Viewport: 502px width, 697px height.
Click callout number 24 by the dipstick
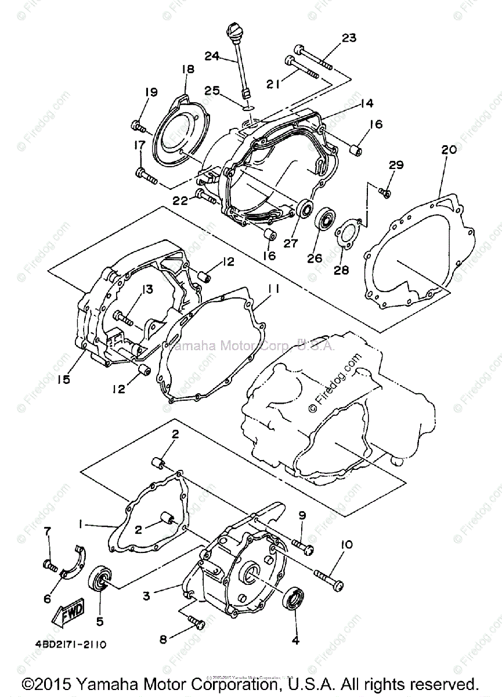(x=212, y=56)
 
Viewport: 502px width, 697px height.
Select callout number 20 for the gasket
(x=449, y=149)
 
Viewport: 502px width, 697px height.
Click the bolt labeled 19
(x=139, y=124)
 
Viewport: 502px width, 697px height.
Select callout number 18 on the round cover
(x=187, y=69)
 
